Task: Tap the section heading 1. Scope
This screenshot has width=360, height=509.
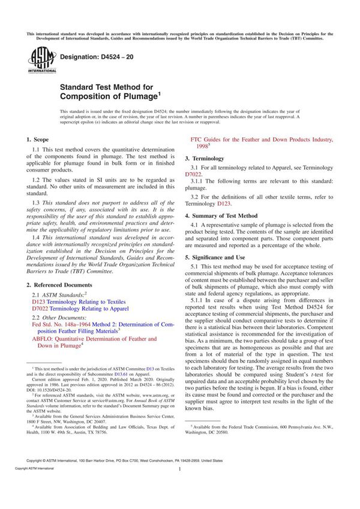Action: pyautogui.click(x=41, y=138)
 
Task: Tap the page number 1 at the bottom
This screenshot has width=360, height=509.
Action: pyautogui.click(x=179, y=487)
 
